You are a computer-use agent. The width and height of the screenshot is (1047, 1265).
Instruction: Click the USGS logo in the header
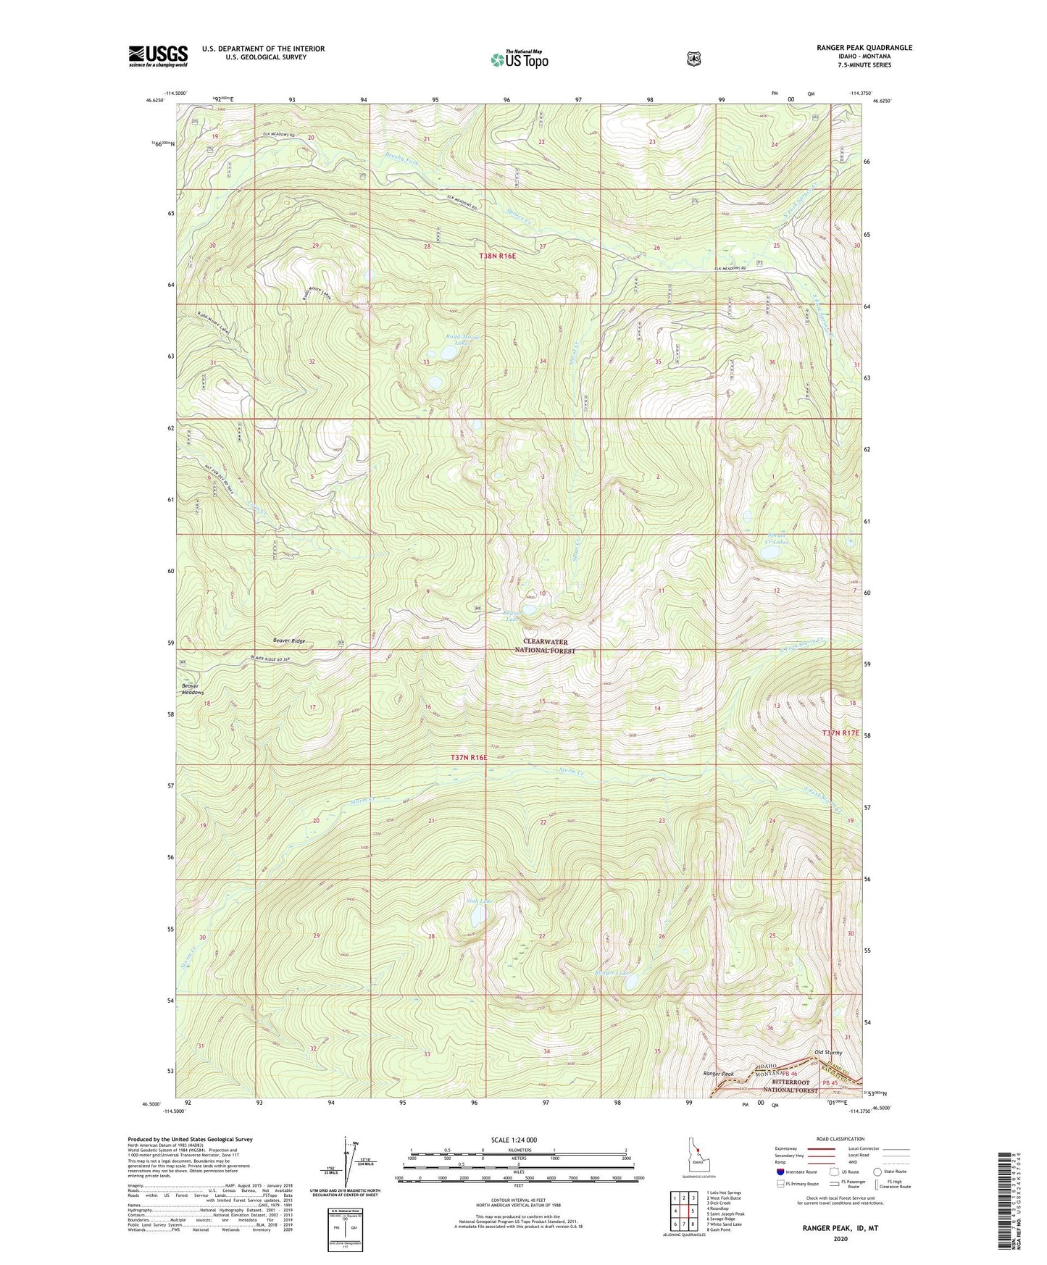pyautogui.click(x=158, y=56)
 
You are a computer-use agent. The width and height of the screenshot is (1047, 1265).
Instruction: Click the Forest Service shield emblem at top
pyautogui.click(x=693, y=59)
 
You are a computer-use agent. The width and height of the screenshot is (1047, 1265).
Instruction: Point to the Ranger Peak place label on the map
pyautogui.click(x=719, y=1074)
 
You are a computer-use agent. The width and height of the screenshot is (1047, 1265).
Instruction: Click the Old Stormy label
pyautogui.click(x=828, y=1052)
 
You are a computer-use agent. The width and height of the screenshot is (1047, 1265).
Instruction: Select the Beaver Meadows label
pyautogui.click(x=193, y=688)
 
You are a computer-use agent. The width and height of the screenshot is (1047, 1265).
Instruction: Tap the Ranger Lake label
pyautogui.click(x=612, y=973)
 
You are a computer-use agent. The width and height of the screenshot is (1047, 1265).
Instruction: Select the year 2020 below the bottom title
pyautogui.click(x=840, y=1238)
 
